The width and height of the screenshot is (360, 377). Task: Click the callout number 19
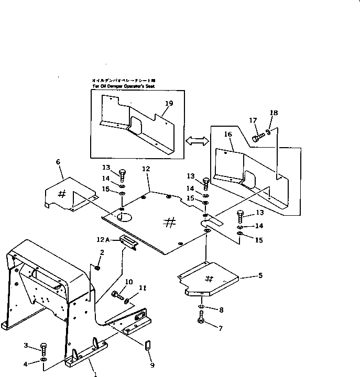(x=168, y=104)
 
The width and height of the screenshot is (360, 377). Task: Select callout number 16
(x=228, y=135)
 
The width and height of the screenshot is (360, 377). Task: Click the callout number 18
(x=273, y=113)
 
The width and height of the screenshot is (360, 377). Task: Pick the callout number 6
(x=58, y=163)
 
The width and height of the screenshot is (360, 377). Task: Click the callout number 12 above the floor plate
(x=146, y=169)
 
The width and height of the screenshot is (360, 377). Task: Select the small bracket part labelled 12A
(x=128, y=241)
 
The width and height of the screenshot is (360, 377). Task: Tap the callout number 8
(x=221, y=310)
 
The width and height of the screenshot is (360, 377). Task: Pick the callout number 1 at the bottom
(x=95, y=374)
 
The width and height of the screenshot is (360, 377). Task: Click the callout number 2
(x=102, y=253)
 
